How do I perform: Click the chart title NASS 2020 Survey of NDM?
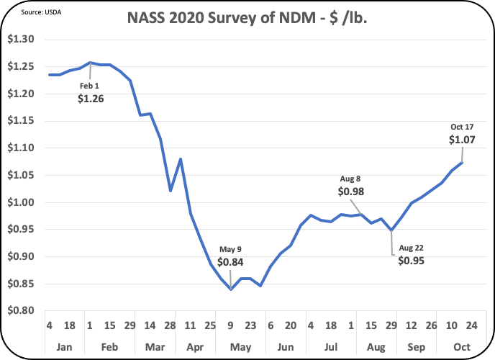point(247,17)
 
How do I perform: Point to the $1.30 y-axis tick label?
point(20,39)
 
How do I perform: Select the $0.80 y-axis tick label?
point(20,311)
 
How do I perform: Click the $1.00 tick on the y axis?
point(20,202)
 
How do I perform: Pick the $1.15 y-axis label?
point(20,120)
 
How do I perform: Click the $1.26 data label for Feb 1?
point(91,99)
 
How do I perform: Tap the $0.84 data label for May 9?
point(230,261)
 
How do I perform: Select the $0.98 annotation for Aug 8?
point(350,192)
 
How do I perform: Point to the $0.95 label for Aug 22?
point(411,261)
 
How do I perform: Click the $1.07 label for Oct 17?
point(461,140)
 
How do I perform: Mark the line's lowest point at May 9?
point(230,289)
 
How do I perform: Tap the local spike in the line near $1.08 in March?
point(180,158)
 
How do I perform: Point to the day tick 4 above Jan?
point(50,325)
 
